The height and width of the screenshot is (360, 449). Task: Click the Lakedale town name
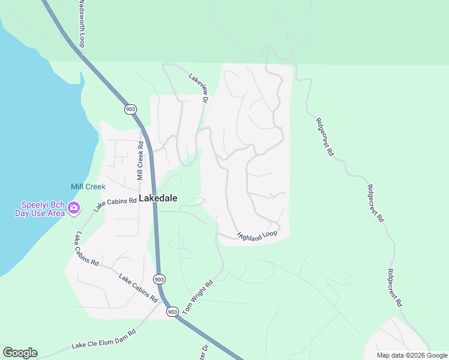pyautogui.click(x=158, y=197)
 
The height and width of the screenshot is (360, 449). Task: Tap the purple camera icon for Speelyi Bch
pyautogui.click(x=74, y=208)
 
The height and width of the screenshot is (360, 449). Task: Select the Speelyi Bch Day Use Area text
pyautogui.click(x=39, y=209)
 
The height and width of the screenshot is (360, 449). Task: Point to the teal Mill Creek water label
pyautogui.click(x=88, y=187)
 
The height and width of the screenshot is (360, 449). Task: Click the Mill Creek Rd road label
pyautogui.click(x=139, y=161)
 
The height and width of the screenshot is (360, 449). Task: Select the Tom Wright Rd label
pyautogui.click(x=201, y=293)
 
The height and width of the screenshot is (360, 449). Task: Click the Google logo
pyautogui.click(x=20, y=353)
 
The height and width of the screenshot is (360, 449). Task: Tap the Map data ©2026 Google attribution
pyautogui.click(x=412, y=355)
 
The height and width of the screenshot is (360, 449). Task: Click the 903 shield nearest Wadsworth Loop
pyautogui.click(x=130, y=109)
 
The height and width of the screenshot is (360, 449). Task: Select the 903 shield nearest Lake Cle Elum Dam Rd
pyautogui.click(x=172, y=311)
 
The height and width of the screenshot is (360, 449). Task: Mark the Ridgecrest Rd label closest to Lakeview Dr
pyautogui.click(x=324, y=136)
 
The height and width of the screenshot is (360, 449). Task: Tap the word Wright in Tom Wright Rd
pyautogui.click(x=200, y=293)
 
